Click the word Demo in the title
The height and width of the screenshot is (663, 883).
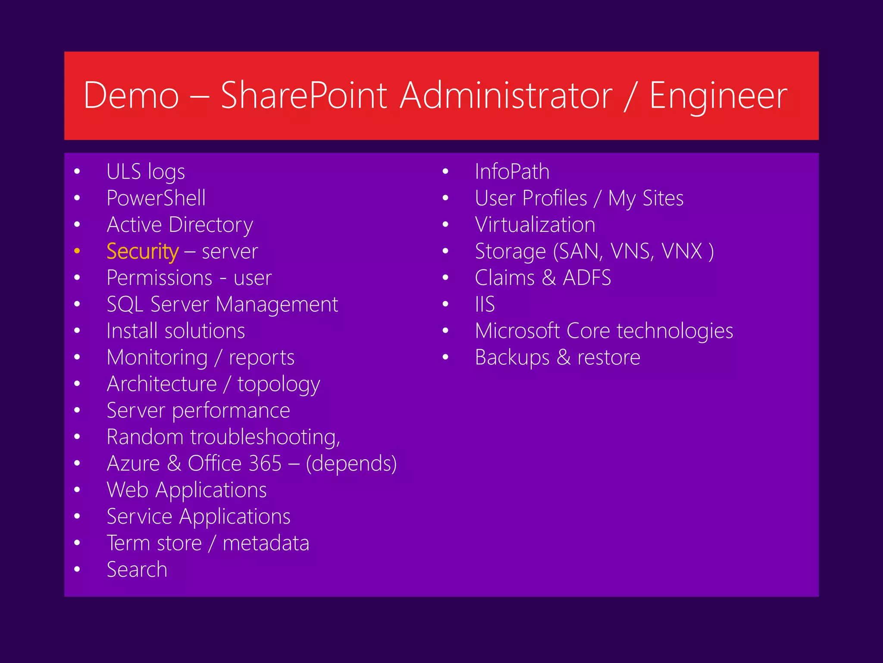131,96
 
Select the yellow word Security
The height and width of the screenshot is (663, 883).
142,251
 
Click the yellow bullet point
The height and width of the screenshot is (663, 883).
77,251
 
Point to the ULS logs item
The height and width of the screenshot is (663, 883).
146,172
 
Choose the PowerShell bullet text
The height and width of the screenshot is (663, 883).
156,198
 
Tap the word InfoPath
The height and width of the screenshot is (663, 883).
512,172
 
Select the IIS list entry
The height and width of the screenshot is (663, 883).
485,304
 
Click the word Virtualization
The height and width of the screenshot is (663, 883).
535,225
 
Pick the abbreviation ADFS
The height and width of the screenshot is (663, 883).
587,278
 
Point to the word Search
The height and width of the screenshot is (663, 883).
137,569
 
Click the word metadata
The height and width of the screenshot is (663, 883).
266,543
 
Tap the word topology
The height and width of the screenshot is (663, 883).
279,384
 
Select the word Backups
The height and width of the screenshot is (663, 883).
512,357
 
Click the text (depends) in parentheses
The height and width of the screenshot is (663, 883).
351,464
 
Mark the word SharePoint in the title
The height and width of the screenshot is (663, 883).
304,96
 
